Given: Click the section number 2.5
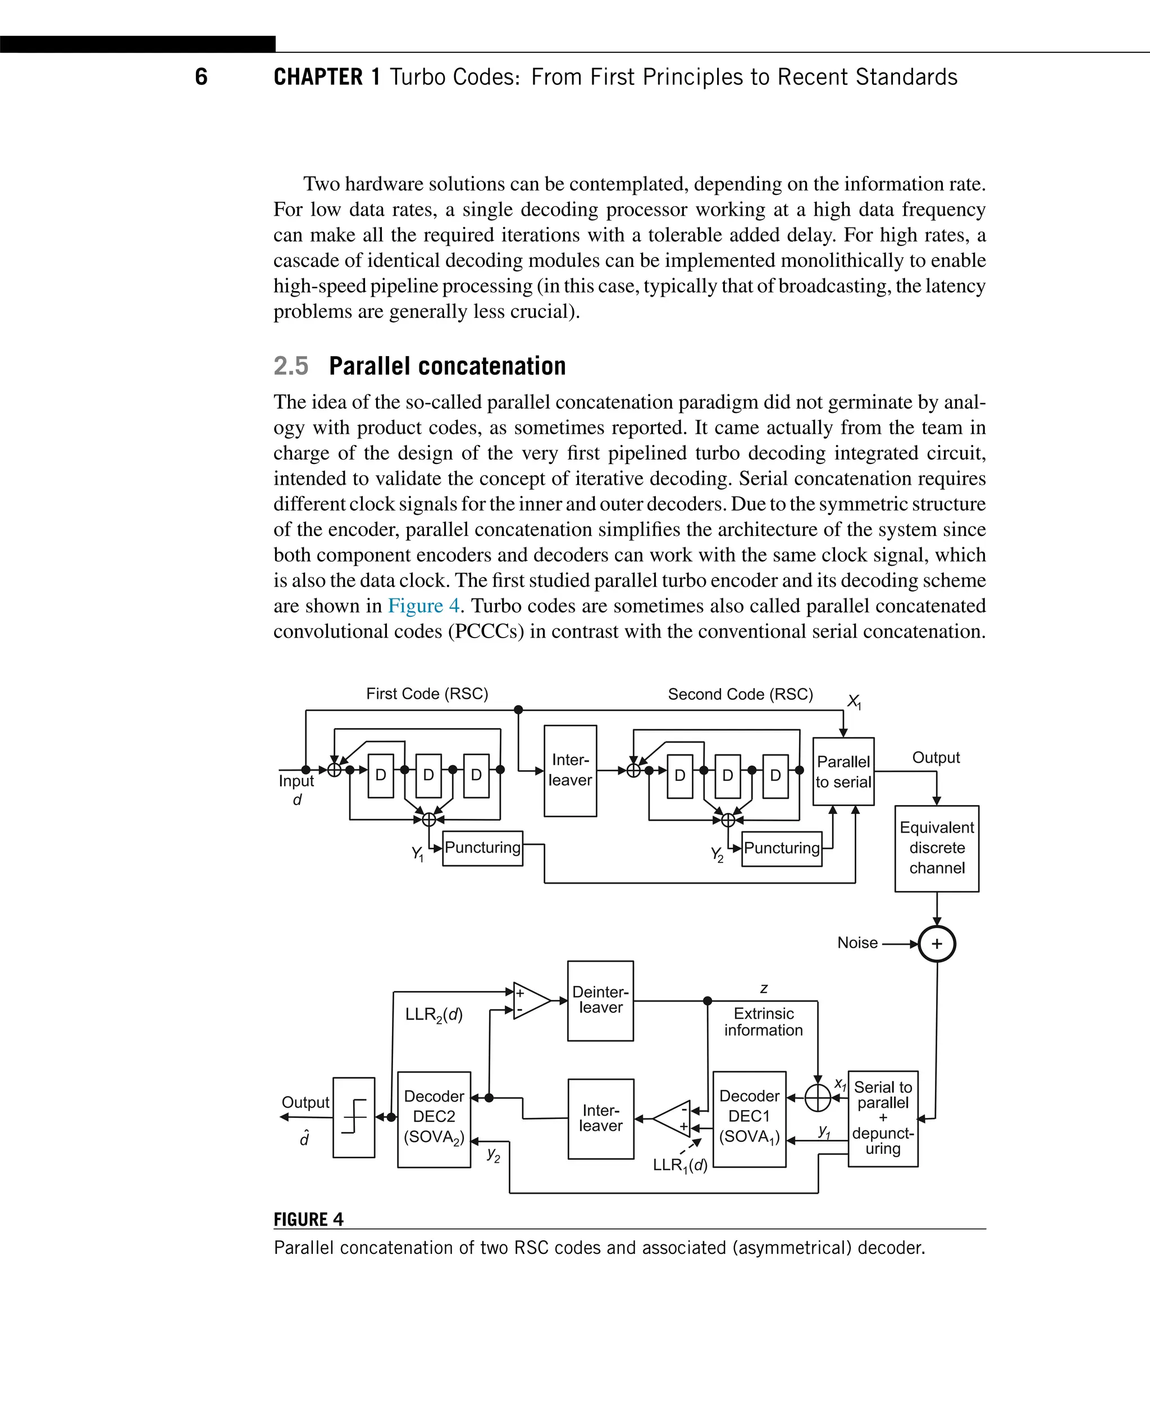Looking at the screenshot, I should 291,366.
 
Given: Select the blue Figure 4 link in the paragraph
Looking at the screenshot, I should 423,606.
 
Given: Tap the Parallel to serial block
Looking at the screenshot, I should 843,771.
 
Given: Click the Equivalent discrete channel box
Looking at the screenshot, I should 936,848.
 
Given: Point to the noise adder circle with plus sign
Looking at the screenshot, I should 936,944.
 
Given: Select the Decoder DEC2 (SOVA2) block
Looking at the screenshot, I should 434,1119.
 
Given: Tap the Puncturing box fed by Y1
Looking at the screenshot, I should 482,848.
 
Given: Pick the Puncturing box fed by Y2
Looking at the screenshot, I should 782,848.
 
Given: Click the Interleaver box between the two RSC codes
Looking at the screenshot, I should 570,770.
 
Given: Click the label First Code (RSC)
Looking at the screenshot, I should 427,694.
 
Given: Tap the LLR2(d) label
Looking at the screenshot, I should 434,1015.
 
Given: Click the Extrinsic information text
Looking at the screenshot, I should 763,1021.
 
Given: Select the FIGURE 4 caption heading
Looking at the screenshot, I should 308,1220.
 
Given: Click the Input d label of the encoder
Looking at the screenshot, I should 296,789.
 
